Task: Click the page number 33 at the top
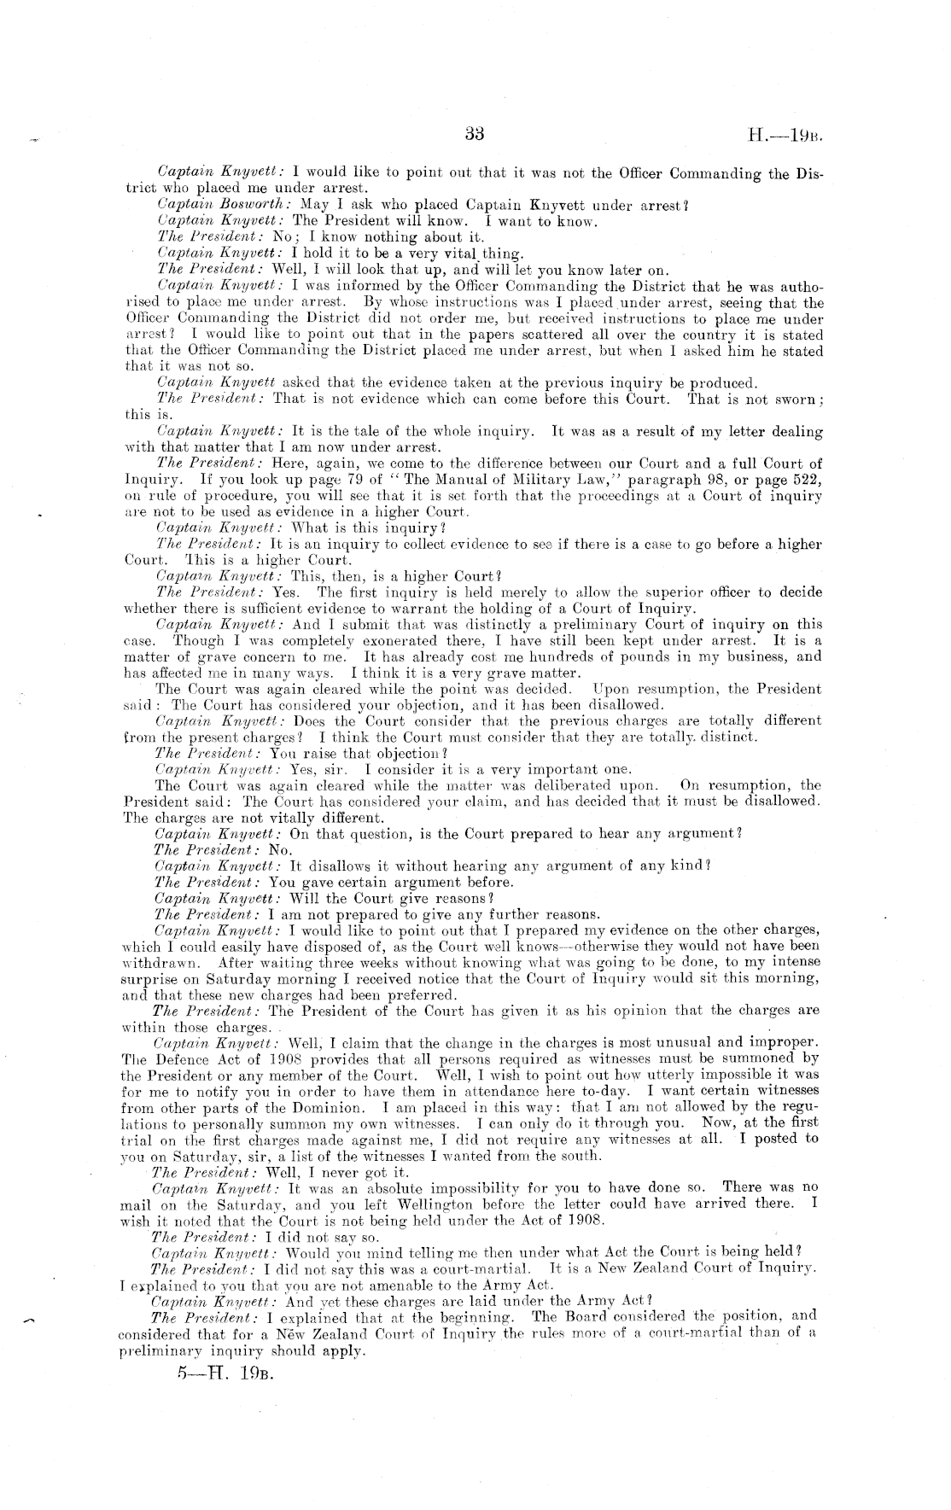475,133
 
